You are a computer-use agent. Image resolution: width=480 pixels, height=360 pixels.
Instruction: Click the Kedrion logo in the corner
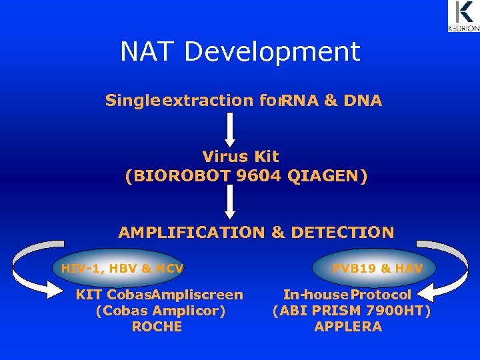tap(463, 17)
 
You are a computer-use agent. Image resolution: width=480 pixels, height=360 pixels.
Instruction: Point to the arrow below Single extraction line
tap(229, 129)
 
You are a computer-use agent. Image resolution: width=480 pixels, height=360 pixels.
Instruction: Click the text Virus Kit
tap(241, 157)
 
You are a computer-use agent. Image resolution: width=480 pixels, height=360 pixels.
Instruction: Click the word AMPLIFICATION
tap(191, 233)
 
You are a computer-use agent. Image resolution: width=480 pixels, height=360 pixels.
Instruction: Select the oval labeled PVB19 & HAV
tap(377, 268)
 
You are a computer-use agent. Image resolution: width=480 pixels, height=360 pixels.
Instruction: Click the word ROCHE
tap(157, 327)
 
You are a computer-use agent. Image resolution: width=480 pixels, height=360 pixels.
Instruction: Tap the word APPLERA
tap(348, 327)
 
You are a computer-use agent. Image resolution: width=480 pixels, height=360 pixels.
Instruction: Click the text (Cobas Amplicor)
tap(161, 311)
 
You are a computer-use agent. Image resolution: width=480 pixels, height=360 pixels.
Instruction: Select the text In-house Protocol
tap(347, 295)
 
